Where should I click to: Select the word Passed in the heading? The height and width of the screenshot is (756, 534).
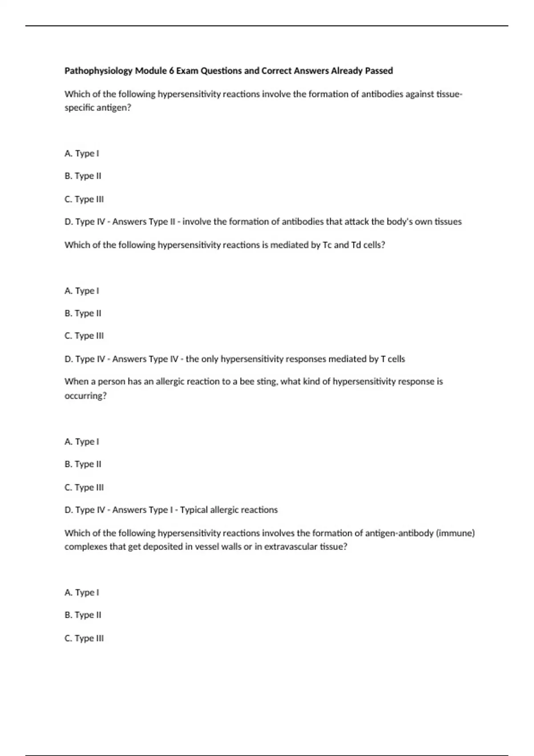click(x=379, y=71)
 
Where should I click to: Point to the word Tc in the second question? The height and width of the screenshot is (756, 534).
click(x=327, y=245)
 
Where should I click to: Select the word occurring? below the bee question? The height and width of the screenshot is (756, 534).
click(x=85, y=395)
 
